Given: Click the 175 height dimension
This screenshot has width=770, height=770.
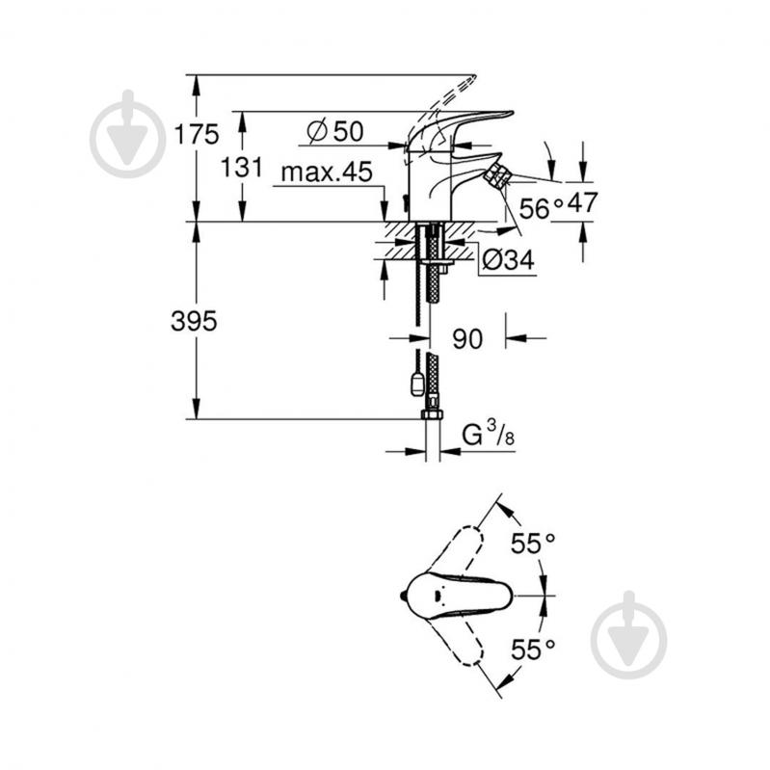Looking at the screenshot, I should coord(197,134).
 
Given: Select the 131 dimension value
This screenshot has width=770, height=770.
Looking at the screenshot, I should coord(242,167).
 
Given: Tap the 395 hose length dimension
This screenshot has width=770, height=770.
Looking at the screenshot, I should coord(195,321).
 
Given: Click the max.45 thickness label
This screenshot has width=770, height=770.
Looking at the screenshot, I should coord(327,173).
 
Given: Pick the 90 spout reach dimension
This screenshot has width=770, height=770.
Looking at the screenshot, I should coord(467,338).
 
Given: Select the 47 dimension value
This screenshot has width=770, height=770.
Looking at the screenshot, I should coord(583,202).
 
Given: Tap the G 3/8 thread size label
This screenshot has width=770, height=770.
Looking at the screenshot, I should coord(488,436).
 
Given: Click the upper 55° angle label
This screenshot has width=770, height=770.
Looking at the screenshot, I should coord(534,544).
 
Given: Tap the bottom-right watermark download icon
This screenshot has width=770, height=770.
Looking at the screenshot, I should coord(628,633).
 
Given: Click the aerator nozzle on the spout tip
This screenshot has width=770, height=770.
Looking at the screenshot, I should coord(498,173).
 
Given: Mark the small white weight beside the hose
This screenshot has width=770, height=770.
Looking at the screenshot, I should coord(416,384).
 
